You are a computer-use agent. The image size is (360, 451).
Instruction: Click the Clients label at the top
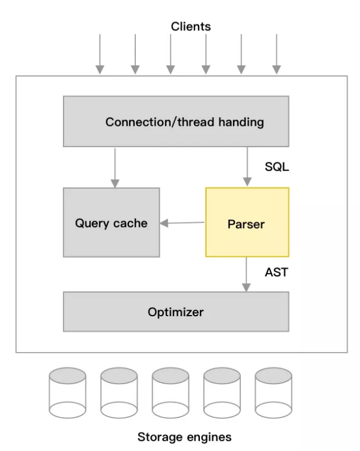pyautogui.click(x=191, y=26)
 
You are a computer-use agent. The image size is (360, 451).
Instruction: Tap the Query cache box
pyautogui.click(x=111, y=222)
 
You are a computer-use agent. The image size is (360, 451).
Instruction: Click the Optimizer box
pyautogui.click(x=176, y=312)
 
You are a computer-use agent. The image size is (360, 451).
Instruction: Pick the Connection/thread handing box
pyautogui.click(x=176, y=121)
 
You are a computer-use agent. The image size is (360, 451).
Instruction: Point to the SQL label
pyautogui.click(x=277, y=167)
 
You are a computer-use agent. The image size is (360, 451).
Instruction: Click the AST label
pyautogui.click(x=276, y=272)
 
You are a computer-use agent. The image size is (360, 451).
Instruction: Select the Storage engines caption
pyautogui.click(x=184, y=436)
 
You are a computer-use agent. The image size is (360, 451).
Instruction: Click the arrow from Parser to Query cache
pyautogui.click(x=183, y=223)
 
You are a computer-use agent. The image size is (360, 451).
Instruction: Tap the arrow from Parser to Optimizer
pyautogui.click(x=246, y=274)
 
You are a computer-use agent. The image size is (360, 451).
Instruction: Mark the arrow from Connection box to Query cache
pyautogui.click(x=115, y=167)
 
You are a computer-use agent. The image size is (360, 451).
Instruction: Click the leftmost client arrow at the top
pyautogui.click(x=100, y=54)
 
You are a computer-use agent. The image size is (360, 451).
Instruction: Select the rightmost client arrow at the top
pyautogui.click(x=276, y=54)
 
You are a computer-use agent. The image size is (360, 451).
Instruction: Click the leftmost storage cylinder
pyautogui.click(x=67, y=393)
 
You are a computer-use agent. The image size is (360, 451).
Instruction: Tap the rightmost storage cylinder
pyautogui.click(x=273, y=393)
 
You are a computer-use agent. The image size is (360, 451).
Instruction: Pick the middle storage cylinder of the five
pyautogui.click(x=170, y=393)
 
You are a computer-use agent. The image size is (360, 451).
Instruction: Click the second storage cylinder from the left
pyautogui.click(x=119, y=393)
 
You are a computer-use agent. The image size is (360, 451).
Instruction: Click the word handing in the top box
pyautogui.click(x=242, y=122)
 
